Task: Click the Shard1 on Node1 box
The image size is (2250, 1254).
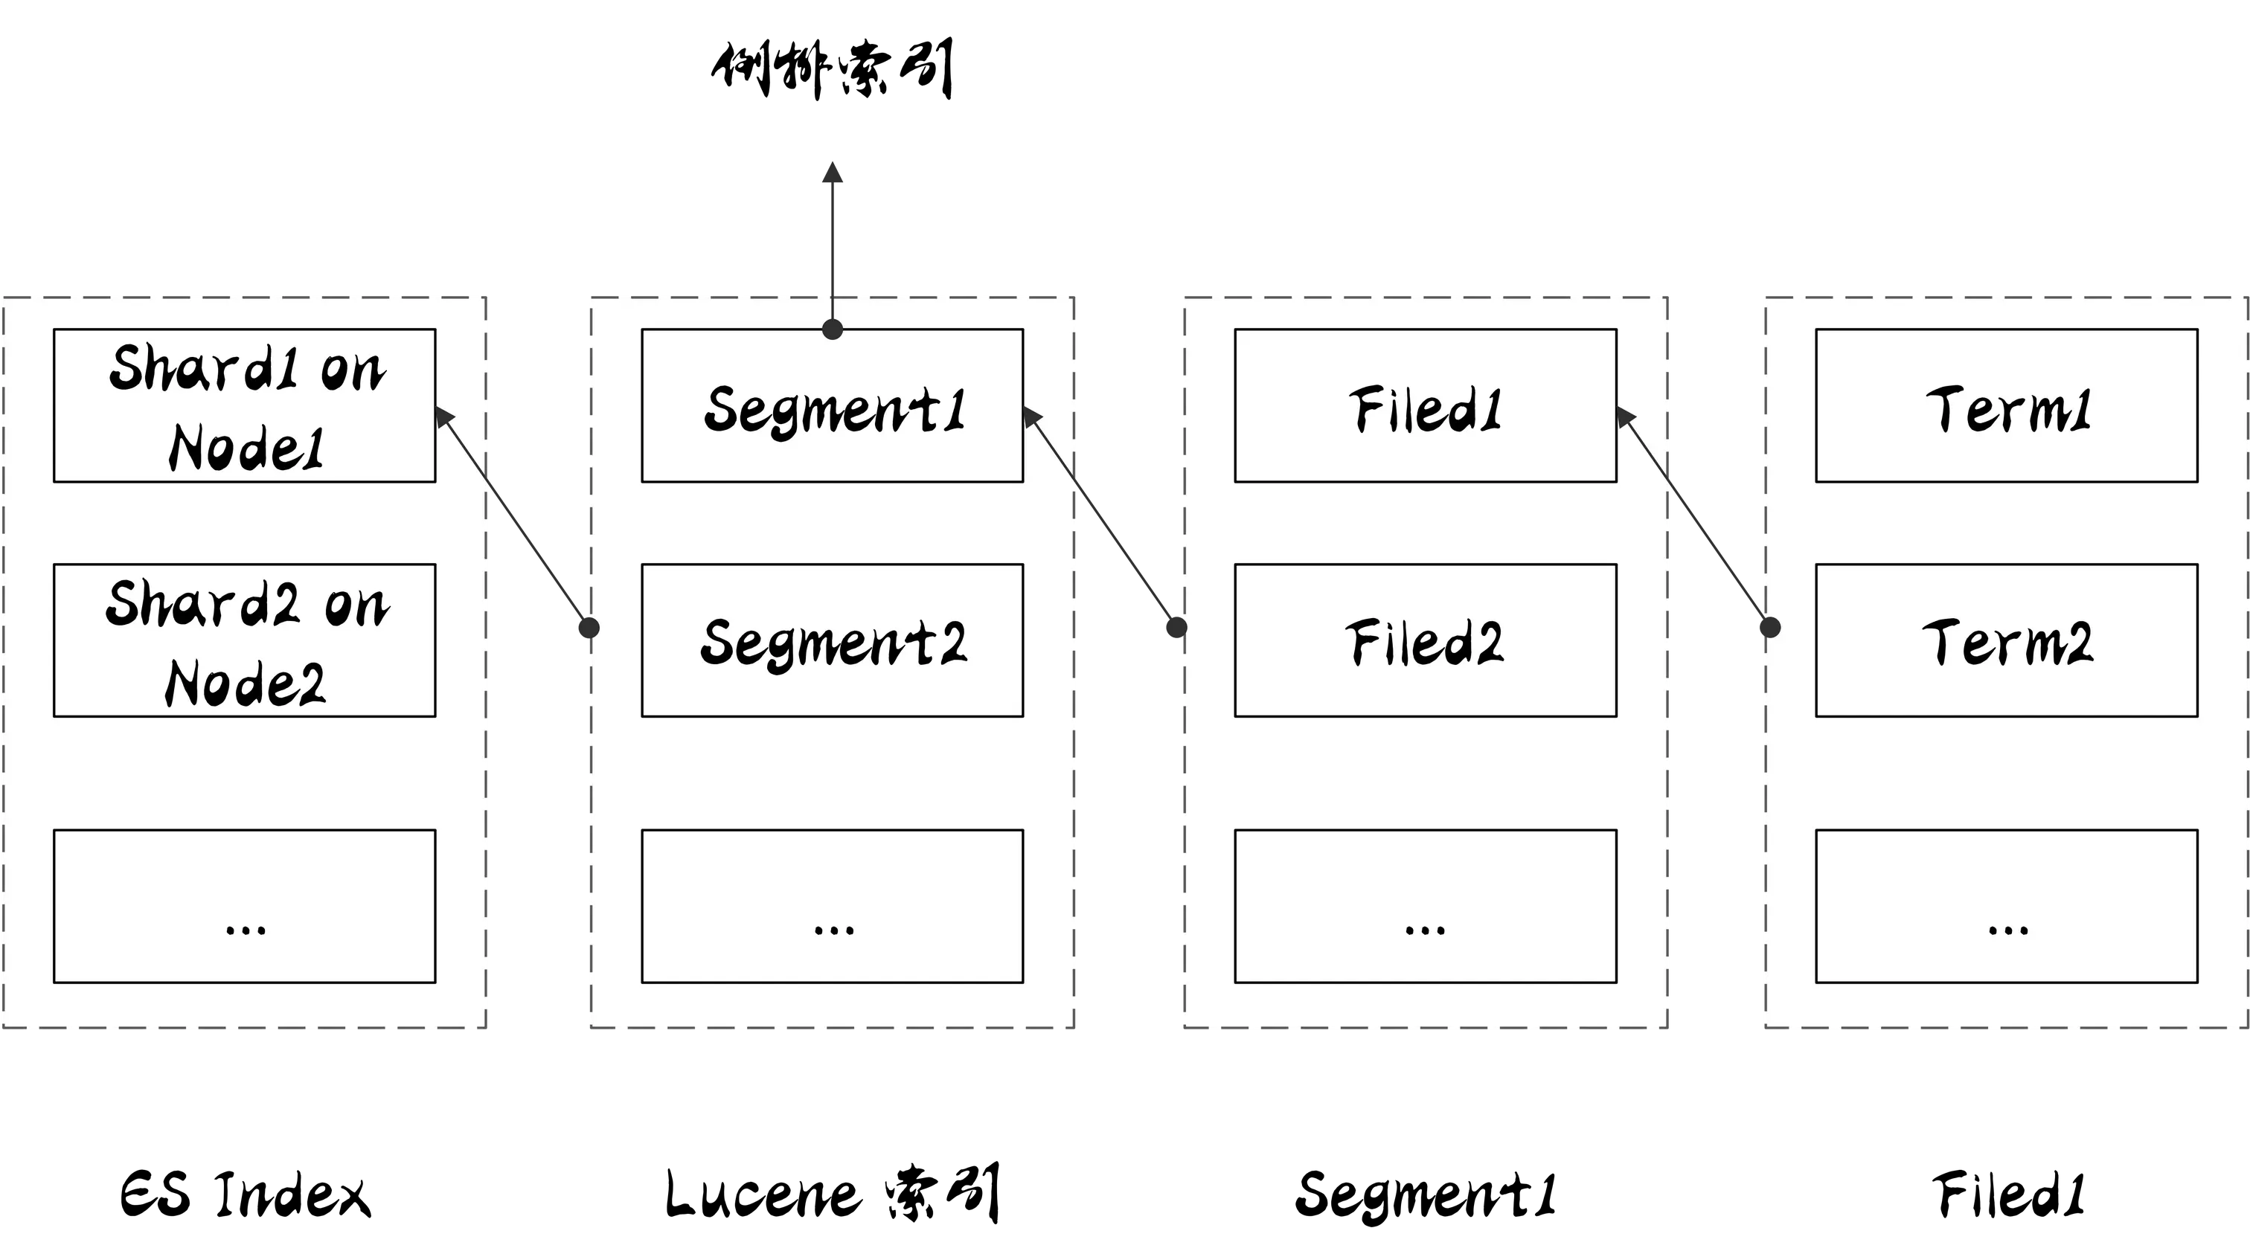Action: point(245,405)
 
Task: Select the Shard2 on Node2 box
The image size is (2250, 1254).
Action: point(245,640)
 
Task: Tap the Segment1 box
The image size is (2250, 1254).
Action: point(833,405)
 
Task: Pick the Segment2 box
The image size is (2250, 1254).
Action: point(833,640)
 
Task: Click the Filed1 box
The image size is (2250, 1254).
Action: point(1426,405)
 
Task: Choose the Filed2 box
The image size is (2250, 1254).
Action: point(1426,640)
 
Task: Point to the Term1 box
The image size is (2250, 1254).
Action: point(2006,405)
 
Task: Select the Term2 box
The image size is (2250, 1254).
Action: point(2006,640)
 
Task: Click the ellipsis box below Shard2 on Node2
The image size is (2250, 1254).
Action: point(245,906)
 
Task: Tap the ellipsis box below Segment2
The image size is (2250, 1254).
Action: point(833,906)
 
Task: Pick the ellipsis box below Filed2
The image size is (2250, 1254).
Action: point(1426,906)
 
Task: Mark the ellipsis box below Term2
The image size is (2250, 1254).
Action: point(2006,906)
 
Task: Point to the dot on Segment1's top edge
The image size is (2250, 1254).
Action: point(833,329)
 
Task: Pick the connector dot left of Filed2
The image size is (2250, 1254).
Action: point(1177,627)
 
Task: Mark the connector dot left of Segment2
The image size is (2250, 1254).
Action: point(591,627)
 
